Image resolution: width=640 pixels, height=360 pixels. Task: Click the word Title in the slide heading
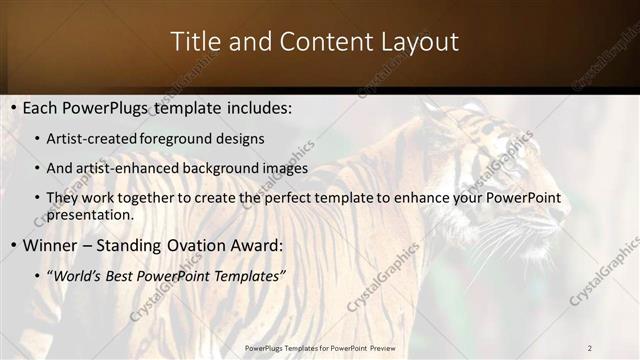195,42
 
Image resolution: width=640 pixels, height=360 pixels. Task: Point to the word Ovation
201,245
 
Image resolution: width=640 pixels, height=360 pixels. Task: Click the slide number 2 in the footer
590,347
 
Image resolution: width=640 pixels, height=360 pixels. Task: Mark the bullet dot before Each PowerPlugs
11,107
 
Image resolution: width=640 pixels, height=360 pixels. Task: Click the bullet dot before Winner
11,246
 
